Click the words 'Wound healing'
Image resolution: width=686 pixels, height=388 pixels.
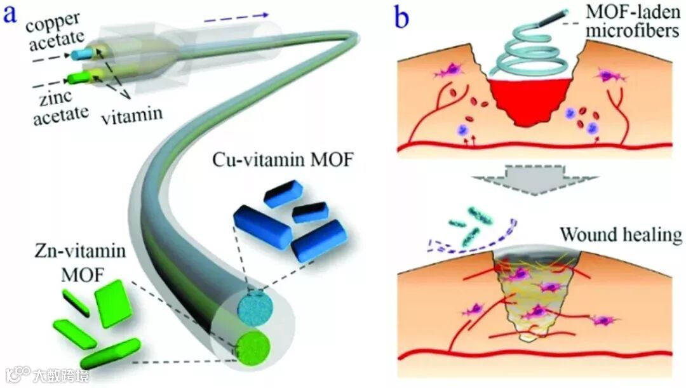620,236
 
